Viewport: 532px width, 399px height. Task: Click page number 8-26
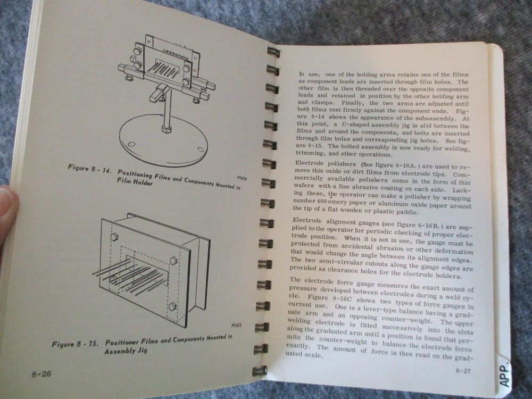[x=41, y=374]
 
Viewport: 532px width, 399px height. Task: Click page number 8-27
[x=463, y=371]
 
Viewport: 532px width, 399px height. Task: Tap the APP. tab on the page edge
[x=505, y=373]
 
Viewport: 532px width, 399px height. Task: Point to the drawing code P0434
[x=242, y=178]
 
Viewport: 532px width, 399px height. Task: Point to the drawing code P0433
[x=237, y=326]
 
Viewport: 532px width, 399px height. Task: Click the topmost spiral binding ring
[x=273, y=52]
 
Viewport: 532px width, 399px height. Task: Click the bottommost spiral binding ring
[x=260, y=370]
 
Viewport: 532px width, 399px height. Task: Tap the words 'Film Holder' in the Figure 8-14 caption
[x=135, y=182]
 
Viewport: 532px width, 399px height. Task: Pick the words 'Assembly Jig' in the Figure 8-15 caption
[x=126, y=351]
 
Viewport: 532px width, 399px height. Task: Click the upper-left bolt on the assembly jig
[x=114, y=237]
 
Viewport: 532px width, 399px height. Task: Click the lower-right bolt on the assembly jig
[x=172, y=306]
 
